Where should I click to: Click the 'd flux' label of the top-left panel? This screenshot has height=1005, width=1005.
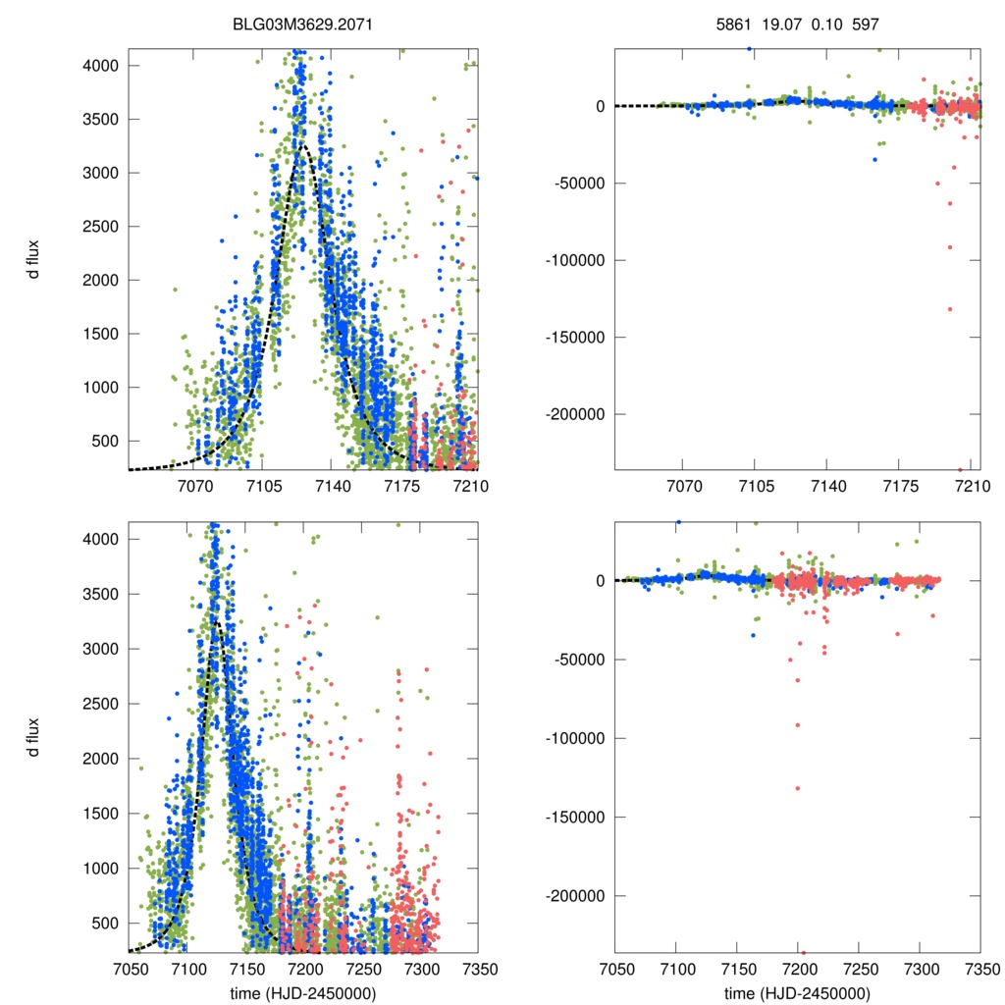point(34,259)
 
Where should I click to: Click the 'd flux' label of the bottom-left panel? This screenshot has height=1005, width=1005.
point(34,736)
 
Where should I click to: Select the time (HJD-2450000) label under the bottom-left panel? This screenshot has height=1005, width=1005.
point(302,993)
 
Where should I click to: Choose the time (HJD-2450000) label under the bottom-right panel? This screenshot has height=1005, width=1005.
point(797,993)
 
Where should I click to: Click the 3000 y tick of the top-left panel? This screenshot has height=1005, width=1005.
point(102,173)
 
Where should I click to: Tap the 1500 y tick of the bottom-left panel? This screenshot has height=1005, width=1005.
point(102,814)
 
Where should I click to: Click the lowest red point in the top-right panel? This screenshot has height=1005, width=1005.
point(960,469)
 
